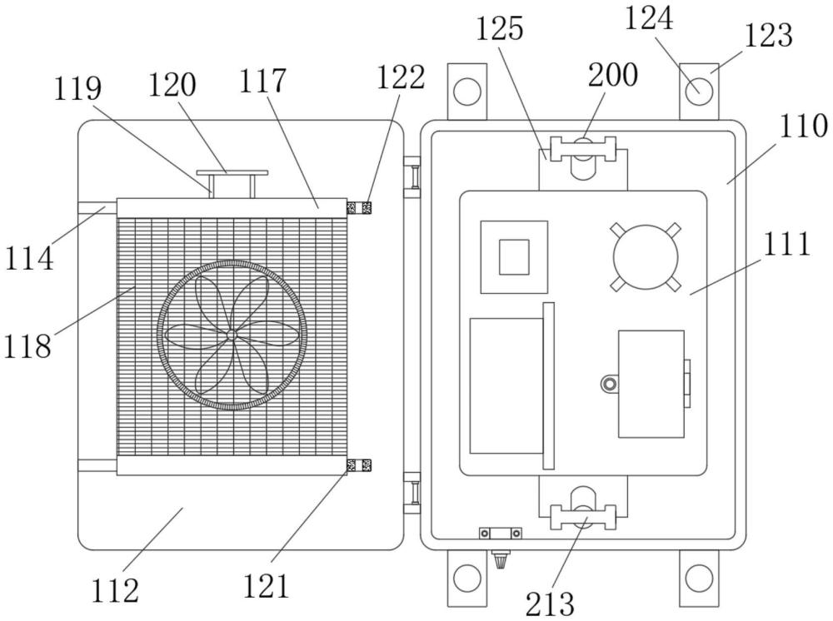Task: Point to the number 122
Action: (401, 77)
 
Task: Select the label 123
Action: (768, 36)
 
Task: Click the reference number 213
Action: (549, 603)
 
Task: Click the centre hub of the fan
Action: (231, 334)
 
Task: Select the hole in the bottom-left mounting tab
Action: (466, 576)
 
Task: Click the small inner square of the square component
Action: (514, 256)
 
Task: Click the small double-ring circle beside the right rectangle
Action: (609, 384)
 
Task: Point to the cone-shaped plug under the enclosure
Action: (501, 562)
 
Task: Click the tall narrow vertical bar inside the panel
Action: (547, 385)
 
